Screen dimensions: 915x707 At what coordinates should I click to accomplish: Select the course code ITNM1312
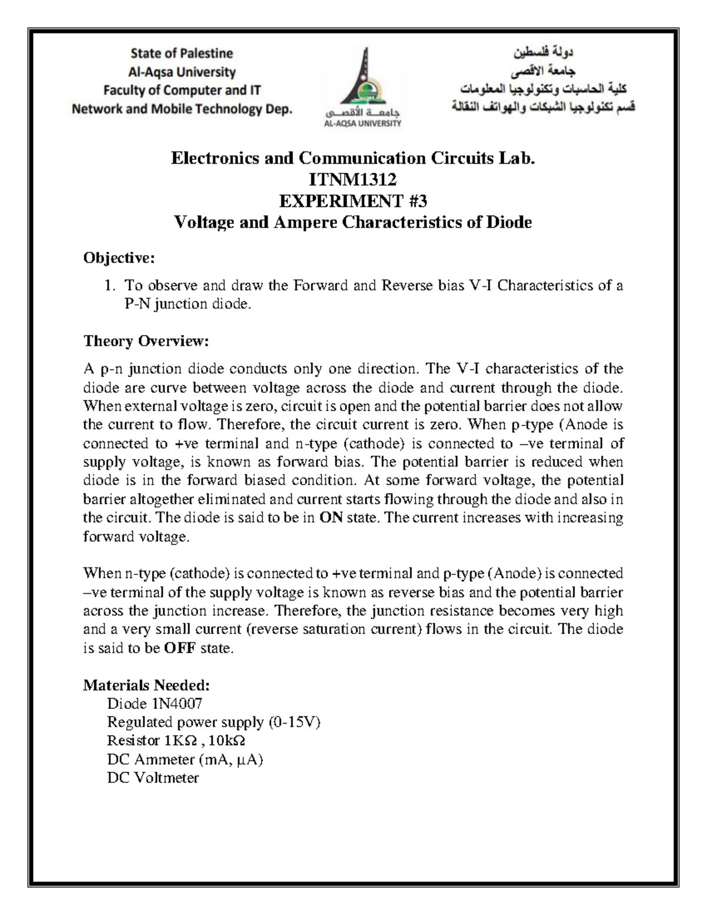coord(353,180)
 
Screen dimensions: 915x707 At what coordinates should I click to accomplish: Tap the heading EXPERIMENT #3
coord(353,201)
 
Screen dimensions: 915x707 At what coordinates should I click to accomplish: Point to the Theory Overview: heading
coord(146,341)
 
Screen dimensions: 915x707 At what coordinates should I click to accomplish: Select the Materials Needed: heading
coord(146,685)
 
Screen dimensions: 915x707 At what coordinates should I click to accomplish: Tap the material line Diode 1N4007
coord(154,703)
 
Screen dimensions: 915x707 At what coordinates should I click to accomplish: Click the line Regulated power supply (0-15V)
coord(213,722)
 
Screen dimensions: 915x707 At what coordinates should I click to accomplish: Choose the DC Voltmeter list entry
coord(153,778)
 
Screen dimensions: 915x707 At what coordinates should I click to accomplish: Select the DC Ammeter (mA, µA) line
coord(184,759)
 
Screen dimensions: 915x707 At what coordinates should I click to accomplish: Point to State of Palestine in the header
coord(181,54)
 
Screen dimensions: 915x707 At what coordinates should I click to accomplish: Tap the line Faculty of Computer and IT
coord(181,90)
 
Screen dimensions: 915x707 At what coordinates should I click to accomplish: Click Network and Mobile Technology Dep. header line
coord(181,109)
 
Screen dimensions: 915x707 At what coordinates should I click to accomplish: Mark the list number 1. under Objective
coord(110,286)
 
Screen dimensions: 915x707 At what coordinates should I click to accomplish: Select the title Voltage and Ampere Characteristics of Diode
coord(353,222)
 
